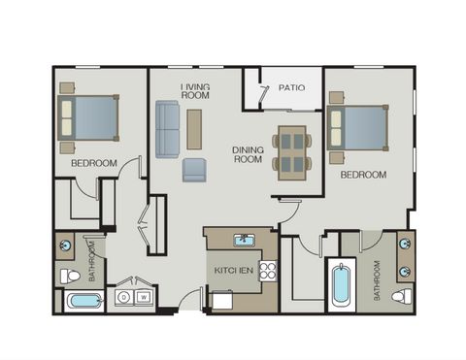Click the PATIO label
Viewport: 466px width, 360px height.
(x=291, y=87)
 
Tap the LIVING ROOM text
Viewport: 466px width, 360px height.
(x=195, y=91)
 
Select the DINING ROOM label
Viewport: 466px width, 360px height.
(x=248, y=154)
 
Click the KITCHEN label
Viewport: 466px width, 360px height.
(x=234, y=270)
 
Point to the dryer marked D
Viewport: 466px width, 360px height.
(x=124, y=297)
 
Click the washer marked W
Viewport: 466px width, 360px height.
(x=144, y=297)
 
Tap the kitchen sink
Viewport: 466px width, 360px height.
(x=245, y=240)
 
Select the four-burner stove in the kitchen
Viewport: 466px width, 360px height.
(x=268, y=271)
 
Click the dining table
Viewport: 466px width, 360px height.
(x=292, y=152)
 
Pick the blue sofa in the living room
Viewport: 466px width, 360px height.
(x=167, y=129)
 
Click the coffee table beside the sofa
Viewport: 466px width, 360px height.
(x=194, y=129)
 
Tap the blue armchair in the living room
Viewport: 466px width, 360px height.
(x=193, y=170)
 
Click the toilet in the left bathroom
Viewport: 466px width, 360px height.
(x=70, y=277)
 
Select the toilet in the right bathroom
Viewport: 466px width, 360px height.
(x=402, y=296)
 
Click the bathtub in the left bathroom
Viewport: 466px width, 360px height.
(x=84, y=301)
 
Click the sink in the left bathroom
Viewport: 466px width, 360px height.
(x=65, y=245)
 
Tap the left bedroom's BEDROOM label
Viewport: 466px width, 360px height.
(x=94, y=163)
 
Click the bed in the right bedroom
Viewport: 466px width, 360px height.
(x=357, y=128)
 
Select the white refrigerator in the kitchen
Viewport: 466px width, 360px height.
(x=222, y=300)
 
